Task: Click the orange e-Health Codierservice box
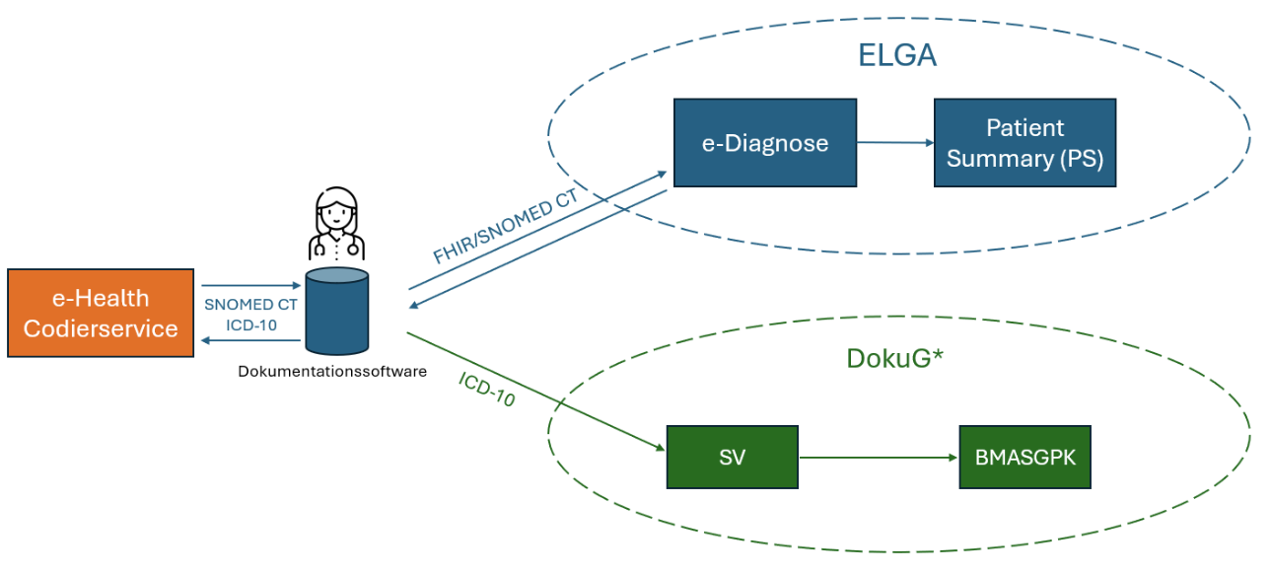(101, 313)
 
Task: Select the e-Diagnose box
(765, 143)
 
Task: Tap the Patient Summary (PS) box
(1025, 143)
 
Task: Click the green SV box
(733, 457)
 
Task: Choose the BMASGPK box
(1025, 457)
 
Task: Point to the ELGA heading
(897, 55)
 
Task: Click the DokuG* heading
(895, 359)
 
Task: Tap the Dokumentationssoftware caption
(332, 372)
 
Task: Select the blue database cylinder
(337, 312)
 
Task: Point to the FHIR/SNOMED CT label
(506, 226)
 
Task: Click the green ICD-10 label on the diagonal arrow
(487, 390)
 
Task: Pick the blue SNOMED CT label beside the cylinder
(250, 305)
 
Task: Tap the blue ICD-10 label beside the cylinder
(251, 325)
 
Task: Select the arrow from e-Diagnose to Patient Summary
(895, 142)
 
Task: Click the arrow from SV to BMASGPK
(879, 458)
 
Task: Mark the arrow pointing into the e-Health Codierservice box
(251, 340)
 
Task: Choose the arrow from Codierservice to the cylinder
(251, 285)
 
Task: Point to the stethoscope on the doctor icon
(336, 248)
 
